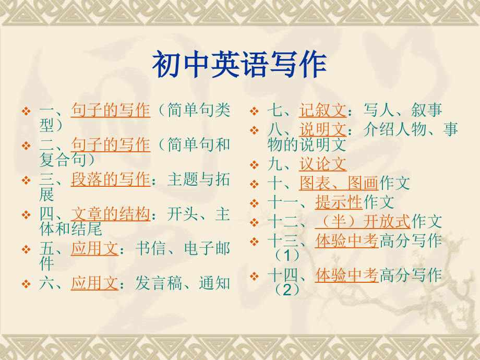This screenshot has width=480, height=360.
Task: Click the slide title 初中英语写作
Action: (239, 65)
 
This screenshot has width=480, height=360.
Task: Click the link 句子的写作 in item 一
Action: (110, 111)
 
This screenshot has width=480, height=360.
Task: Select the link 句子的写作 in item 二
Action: (110, 145)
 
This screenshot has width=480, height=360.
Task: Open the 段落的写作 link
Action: (110, 180)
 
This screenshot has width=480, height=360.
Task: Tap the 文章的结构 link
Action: (110, 214)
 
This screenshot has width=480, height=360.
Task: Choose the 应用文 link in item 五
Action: (94, 249)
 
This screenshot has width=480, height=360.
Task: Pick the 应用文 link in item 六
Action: (94, 284)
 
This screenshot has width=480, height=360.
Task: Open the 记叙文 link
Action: (322, 110)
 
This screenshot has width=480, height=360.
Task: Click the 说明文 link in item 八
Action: (322, 129)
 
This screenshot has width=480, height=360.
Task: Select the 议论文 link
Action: (322, 164)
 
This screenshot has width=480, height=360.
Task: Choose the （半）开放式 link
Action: (363, 221)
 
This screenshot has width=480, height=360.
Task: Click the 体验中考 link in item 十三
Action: (346, 241)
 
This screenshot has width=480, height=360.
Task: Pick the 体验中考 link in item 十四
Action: (346, 275)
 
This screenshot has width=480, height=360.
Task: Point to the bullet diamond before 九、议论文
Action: (254, 165)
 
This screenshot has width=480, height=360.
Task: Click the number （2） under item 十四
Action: (287, 289)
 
